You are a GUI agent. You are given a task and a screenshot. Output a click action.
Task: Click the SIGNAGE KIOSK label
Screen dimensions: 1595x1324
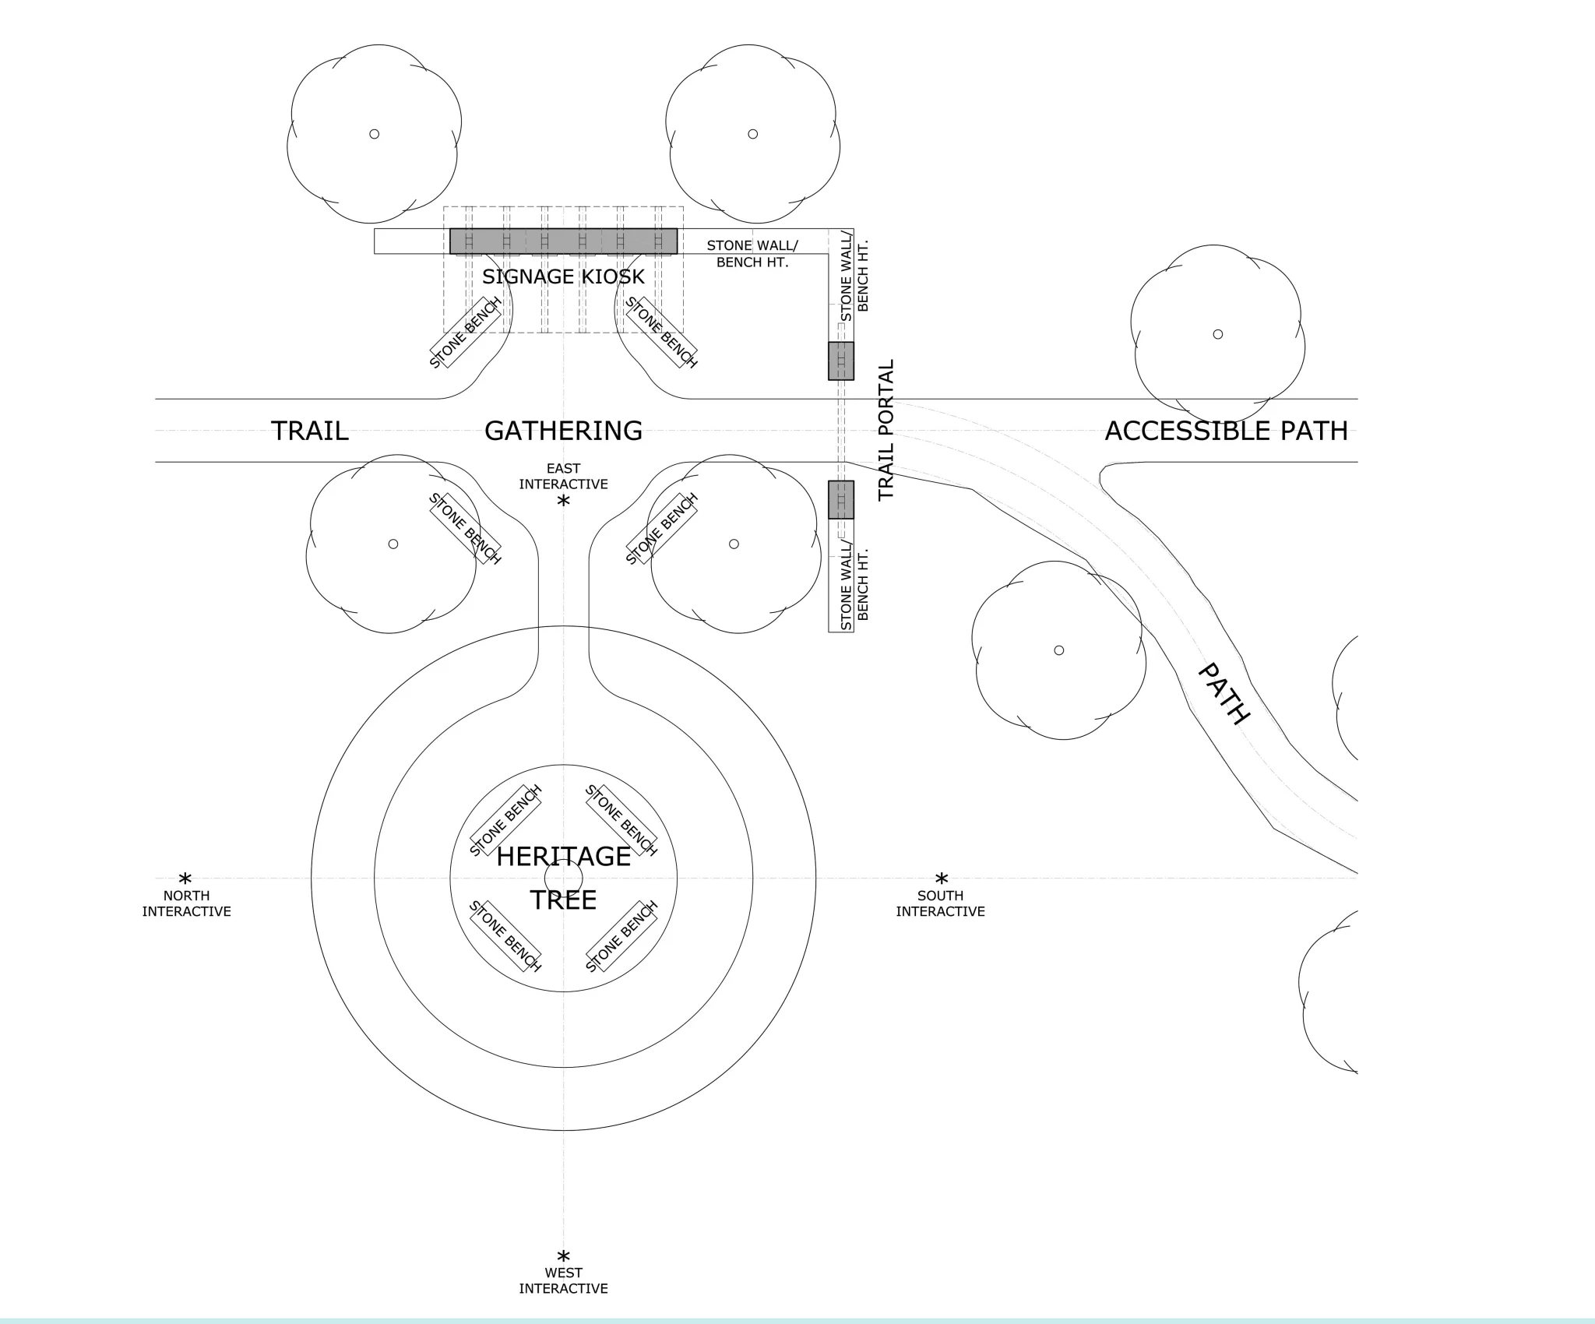[563, 276]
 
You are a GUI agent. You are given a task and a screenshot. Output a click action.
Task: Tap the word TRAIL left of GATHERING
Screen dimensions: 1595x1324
[310, 431]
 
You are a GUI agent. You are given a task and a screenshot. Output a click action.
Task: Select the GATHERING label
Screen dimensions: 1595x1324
[563, 431]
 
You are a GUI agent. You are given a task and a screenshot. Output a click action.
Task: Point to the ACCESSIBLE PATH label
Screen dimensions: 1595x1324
[1226, 431]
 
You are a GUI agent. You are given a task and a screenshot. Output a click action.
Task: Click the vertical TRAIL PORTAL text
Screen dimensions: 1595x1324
[886, 430]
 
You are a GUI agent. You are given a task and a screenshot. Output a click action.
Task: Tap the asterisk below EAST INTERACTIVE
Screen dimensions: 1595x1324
[563, 502]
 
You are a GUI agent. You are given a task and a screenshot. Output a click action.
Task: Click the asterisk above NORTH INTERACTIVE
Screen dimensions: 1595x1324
[185, 879]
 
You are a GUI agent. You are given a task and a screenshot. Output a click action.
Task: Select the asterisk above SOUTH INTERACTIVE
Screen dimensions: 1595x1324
[942, 879]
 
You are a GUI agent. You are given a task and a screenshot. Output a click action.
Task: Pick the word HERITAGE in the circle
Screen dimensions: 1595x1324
[563, 857]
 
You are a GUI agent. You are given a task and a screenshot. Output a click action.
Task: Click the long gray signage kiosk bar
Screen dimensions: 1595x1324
[563, 241]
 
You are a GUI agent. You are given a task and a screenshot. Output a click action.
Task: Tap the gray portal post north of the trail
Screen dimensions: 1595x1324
[841, 361]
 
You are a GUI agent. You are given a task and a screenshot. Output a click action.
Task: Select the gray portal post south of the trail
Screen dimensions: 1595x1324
[841, 499]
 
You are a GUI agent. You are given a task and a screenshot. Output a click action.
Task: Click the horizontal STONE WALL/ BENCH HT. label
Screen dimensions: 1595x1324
[752, 254]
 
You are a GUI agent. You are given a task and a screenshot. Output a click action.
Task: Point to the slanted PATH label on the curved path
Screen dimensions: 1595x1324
[1224, 693]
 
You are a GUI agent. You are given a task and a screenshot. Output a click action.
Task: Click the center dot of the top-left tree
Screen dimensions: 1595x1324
[374, 134]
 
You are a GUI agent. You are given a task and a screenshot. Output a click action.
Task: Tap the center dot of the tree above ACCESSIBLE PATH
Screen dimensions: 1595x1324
[1218, 334]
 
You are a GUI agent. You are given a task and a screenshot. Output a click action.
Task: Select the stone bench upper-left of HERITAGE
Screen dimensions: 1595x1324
[506, 821]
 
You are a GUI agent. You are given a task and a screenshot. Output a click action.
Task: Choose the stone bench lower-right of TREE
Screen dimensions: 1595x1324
[621, 936]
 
